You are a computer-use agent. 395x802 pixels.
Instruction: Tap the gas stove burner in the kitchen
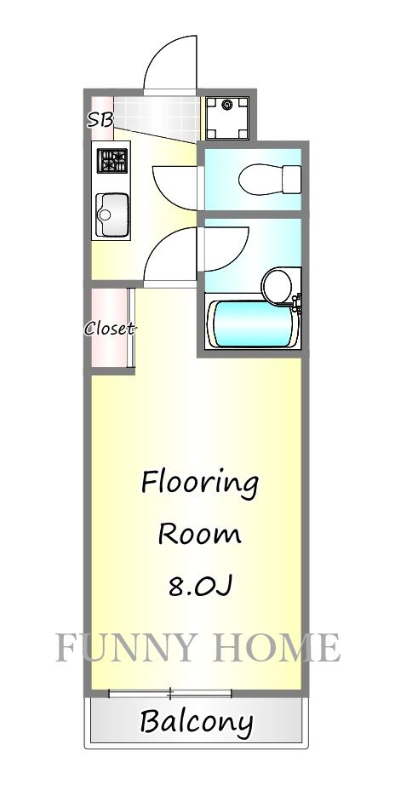click(112, 160)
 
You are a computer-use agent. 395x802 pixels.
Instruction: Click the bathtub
click(252, 324)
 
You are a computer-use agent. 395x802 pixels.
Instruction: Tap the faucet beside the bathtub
click(297, 300)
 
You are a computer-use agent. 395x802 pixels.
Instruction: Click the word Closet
click(110, 329)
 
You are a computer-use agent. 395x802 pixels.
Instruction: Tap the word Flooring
click(199, 484)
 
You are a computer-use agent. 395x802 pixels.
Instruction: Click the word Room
click(199, 535)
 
